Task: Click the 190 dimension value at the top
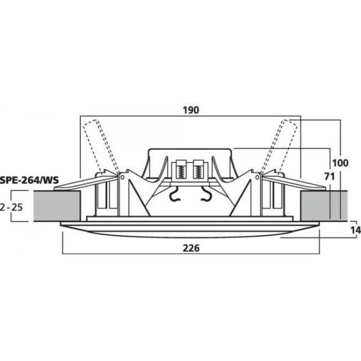click(191, 110)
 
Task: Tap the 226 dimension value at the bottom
click(191, 248)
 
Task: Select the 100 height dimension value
click(340, 163)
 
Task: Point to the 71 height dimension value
click(329, 177)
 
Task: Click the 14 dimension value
click(355, 230)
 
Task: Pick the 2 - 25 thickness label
click(11, 207)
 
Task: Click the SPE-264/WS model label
click(29, 180)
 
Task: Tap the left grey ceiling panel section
click(57, 206)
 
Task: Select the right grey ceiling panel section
click(324, 206)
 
